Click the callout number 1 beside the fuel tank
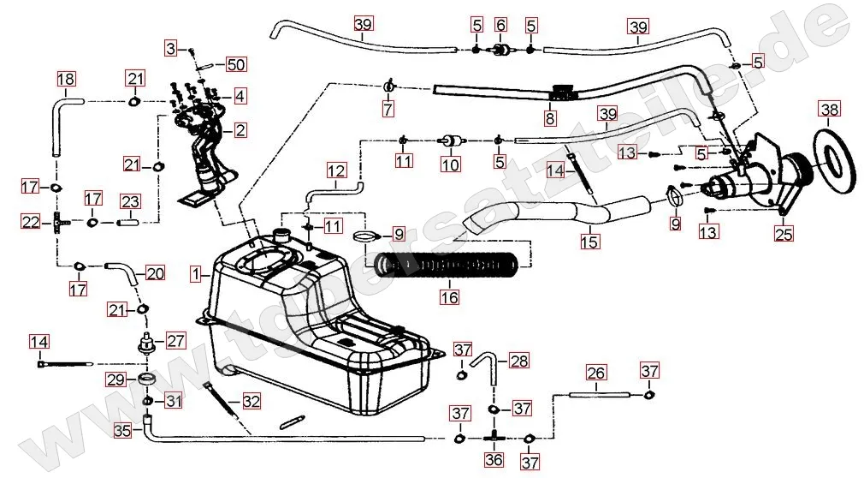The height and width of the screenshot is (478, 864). [x=196, y=275]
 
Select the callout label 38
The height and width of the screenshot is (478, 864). [x=830, y=110]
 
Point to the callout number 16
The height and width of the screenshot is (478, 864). [x=449, y=297]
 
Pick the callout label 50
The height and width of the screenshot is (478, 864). [x=235, y=65]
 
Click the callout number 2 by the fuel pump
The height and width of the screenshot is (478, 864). [x=240, y=130]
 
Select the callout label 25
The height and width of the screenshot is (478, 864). [x=783, y=232]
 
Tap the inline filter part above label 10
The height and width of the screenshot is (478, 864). [x=449, y=139]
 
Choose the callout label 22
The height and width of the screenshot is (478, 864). [x=31, y=221]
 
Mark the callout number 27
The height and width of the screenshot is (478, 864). [x=175, y=341]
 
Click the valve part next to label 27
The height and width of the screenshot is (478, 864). [x=145, y=343]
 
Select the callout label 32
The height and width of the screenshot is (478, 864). [x=250, y=400]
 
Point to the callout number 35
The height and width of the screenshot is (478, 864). [x=122, y=431]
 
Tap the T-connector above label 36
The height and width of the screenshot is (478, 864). [x=494, y=437]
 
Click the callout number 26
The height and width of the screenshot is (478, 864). [x=596, y=373]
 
